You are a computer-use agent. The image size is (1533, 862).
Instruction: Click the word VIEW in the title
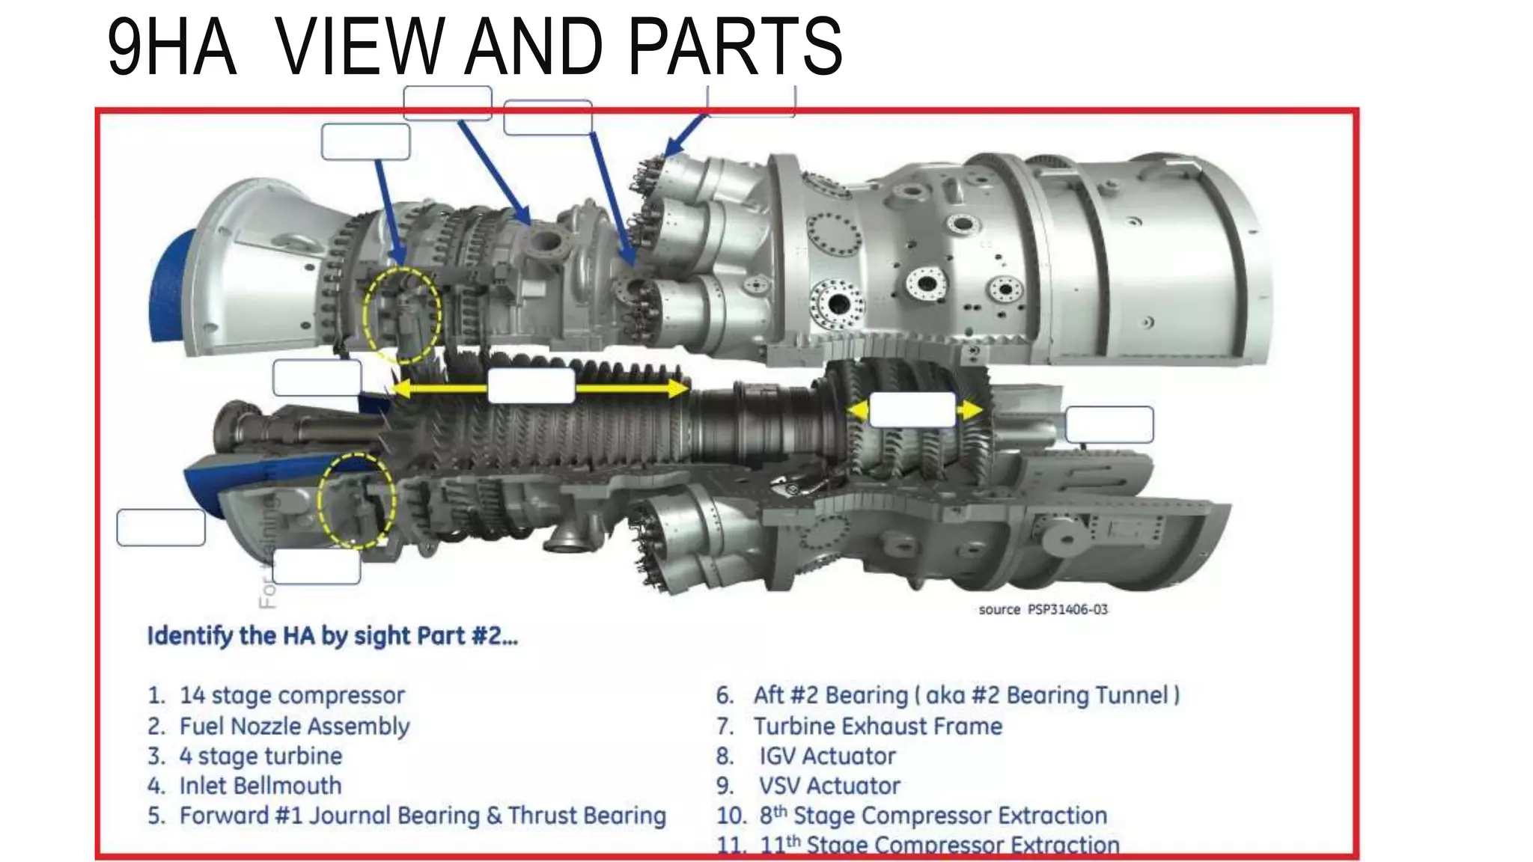(x=359, y=46)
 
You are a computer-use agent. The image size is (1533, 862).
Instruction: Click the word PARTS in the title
(x=735, y=46)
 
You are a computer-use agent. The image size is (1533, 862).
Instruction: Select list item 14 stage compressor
(x=292, y=695)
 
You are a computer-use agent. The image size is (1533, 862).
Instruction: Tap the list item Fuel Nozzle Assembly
(x=294, y=726)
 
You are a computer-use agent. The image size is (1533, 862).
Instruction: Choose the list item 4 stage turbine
(x=260, y=756)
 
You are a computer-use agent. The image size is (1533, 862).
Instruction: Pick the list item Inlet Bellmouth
(x=260, y=786)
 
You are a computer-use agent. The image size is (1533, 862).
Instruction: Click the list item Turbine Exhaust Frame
(x=877, y=726)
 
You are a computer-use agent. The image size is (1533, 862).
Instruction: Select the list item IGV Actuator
(x=827, y=756)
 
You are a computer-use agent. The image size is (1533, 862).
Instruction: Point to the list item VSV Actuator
(x=829, y=786)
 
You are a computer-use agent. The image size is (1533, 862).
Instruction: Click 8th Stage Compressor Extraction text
(x=933, y=815)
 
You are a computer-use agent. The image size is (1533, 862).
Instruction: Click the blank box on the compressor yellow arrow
(x=531, y=386)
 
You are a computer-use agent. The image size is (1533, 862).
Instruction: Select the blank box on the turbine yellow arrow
(x=912, y=410)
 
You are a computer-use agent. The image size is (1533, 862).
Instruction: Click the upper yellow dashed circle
(x=402, y=315)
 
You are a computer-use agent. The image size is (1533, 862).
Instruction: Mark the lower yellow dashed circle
(x=356, y=500)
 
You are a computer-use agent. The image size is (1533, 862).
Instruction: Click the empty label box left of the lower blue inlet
(x=161, y=528)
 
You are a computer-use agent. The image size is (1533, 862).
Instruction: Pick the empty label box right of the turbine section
(x=1109, y=424)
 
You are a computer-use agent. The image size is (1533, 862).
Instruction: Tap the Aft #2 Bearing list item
(x=966, y=695)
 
